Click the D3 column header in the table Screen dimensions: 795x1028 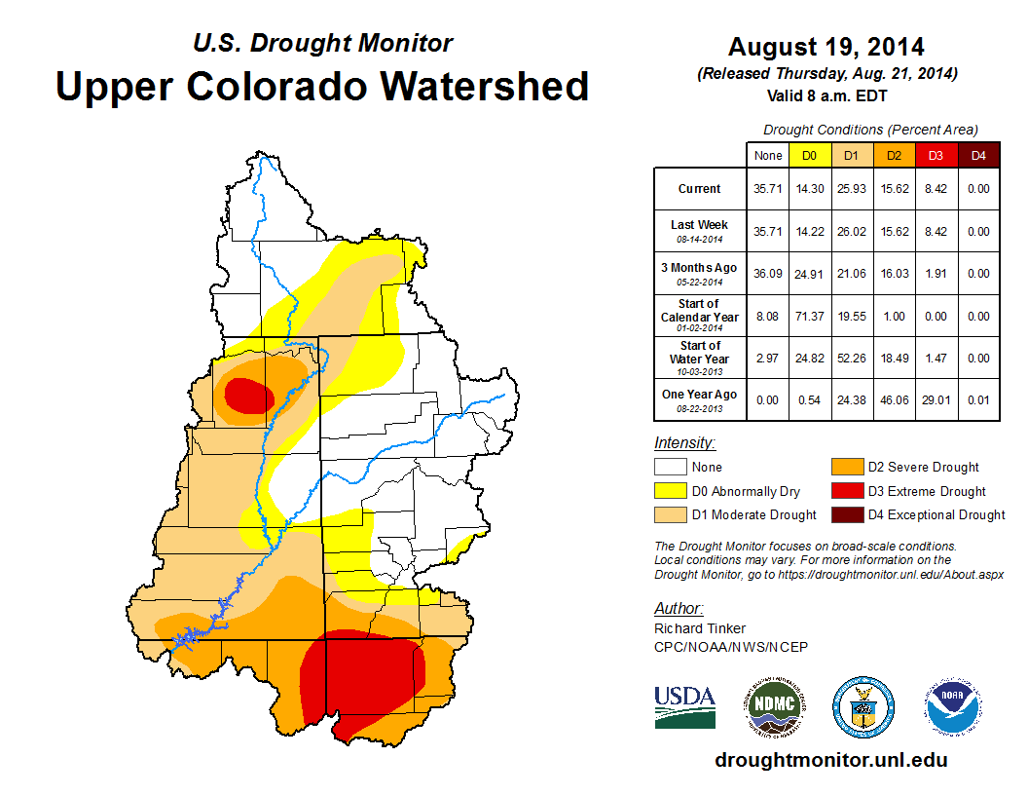[x=936, y=155]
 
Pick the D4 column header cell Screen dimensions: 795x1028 [x=978, y=155]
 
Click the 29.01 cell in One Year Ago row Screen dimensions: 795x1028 [x=936, y=395]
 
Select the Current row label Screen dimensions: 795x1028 [x=700, y=189]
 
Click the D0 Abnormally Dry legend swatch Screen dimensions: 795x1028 [x=669, y=491]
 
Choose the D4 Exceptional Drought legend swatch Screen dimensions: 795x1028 [x=846, y=514]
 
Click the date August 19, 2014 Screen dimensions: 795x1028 [x=826, y=47]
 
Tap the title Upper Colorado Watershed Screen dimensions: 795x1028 [x=322, y=86]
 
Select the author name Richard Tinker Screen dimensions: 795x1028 [x=700, y=628]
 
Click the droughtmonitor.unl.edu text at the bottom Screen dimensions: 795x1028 [x=830, y=760]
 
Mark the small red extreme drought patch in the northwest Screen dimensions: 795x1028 [x=249, y=396]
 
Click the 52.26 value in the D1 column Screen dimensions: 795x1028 [x=851, y=359]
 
